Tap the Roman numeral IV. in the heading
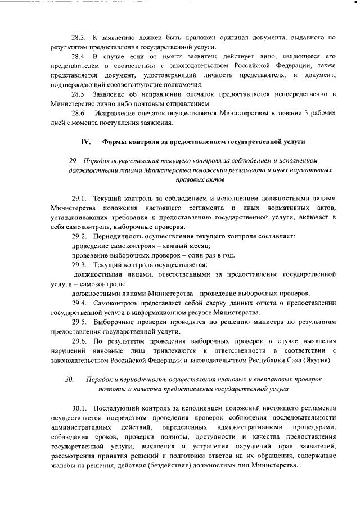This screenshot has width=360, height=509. point(85,141)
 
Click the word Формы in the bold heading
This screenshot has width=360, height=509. point(116,141)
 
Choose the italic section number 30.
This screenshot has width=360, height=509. point(69,380)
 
